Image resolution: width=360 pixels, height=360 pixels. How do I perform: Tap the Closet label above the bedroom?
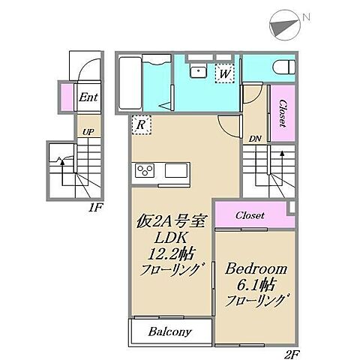pyautogui.click(x=250, y=215)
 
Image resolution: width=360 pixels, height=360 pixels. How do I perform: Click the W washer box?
pyautogui.click(x=223, y=73)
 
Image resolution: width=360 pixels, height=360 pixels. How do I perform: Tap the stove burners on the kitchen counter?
pyautogui.click(x=144, y=171)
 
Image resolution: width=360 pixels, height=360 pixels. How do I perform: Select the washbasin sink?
pyautogui.click(x=198, y=72)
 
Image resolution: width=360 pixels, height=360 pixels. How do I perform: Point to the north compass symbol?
pyautogui.click(x=283, y=24)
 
